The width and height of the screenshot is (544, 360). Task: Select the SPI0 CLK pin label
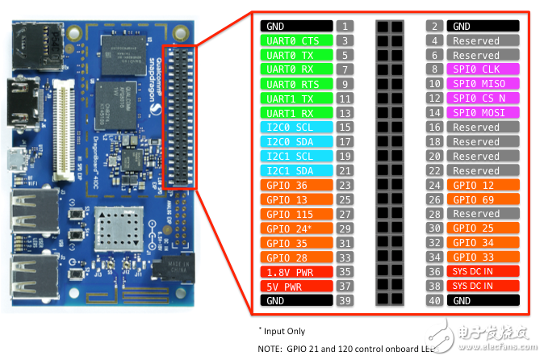[x=476, y=70]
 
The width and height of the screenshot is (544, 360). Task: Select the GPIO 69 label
[x=476, y=199]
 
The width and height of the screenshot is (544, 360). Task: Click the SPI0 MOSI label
[x=476, y=113]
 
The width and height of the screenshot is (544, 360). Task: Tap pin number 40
[x=434, y=300]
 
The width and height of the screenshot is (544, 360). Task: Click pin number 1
[x=345, y=27]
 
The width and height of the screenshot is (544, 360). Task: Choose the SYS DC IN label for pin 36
[x=476, y=272]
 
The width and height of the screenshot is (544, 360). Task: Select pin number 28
[x=434, y=214]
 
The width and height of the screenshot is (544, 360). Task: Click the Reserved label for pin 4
[x=476, y=41]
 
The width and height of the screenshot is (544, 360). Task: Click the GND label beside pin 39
[x=296, y=300]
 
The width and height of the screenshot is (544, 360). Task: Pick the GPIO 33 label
[x=476, y=257]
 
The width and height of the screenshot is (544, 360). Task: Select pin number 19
[x=345, y=157]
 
